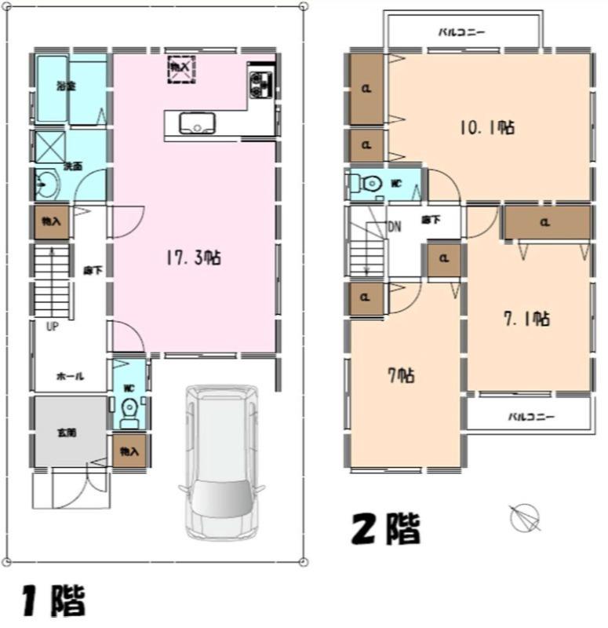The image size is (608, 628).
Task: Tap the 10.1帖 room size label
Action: (x=486, y=128)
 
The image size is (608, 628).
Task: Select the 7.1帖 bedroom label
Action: (x=525, y=319)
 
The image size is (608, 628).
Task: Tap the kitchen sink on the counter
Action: (x=193, y=124)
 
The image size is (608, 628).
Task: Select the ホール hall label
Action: (x=70, y=376)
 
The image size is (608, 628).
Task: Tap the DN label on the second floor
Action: (x=395, y=228)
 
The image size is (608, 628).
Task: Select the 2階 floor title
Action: (x=384, y=528)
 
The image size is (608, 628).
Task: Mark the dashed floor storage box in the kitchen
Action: (x=180, y=70)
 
